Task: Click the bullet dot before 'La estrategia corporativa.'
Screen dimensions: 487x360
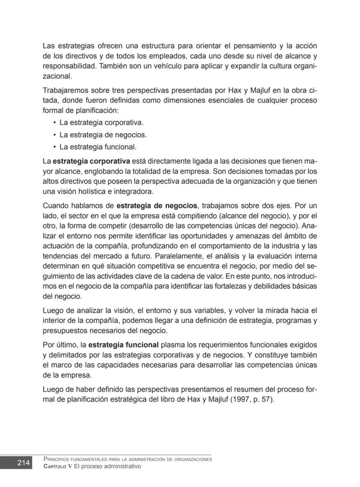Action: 55,123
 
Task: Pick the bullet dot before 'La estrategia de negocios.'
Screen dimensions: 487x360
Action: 55,135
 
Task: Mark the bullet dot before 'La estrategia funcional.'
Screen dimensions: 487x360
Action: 55,147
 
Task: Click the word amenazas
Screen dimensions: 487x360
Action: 275,235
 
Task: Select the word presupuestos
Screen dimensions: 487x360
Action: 65,330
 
